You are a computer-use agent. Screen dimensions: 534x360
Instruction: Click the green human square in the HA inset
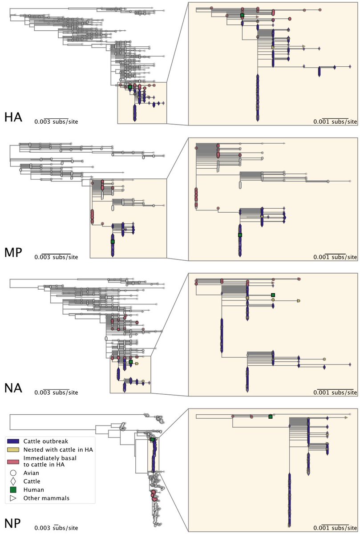pos(242,16)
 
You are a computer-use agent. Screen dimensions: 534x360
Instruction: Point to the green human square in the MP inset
pos(240,235)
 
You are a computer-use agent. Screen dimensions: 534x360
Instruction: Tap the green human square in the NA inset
pos(273,295)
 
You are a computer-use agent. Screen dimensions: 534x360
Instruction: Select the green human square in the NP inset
pos(270,417)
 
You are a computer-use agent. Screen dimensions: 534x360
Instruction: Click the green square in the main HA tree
pos(130,87)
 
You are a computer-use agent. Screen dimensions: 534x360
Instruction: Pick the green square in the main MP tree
pos(113,241)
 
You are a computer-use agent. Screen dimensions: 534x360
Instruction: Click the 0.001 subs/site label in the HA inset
pos(335,121)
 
